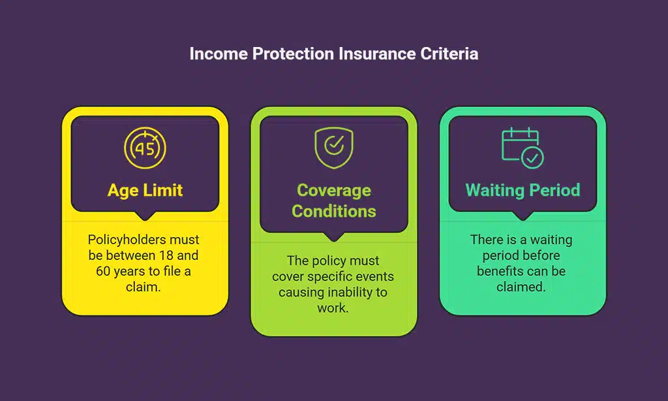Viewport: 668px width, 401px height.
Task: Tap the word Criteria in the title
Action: pyautogui.click(x=451, y=54)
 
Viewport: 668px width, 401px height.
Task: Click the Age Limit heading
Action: pyautogui.click(x=145, y=191)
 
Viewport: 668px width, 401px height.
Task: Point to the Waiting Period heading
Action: pyautogui.click(x=523, y=191)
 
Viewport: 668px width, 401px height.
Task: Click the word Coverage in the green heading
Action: pyautogui.click(x=333, y=191)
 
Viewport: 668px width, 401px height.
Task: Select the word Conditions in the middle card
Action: pyautogui.click(x=333, y=211)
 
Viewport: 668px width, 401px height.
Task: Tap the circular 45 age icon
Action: pyautogui.click(x=145, y=148)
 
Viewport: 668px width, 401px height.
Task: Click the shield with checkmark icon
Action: pyautogui.click(x=333, y=148)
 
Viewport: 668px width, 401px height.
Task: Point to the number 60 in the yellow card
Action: pyautogui.click(x=103, y=270)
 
